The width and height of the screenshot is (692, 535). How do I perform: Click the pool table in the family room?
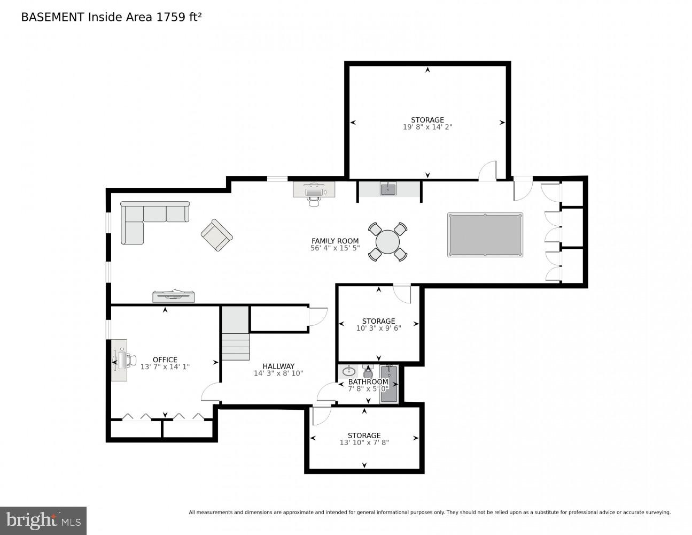click(x=485, y=235)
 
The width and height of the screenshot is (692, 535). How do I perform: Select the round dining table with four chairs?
click(x=387, y=242)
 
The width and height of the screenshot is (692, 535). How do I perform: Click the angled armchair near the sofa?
click(x=216, y=235)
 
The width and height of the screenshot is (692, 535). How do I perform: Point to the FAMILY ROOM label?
click(x=335, y=241)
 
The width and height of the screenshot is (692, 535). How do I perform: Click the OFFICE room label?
click(x=165, y=360)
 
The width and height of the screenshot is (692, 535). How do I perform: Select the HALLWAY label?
click(x=278, y=366)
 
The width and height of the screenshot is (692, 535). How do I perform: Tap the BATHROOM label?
click(x=368, y=382)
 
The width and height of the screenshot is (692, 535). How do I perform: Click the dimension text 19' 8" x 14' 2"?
click(x=427, y=127)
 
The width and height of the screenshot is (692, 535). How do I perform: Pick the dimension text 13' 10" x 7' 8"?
click(x=364, y=442)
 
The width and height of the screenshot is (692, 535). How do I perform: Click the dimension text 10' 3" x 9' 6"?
click(x=378, y=328)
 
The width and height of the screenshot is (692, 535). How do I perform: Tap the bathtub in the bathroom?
click(x=388, y=384)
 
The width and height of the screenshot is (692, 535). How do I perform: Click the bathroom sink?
click(x=349, y=371)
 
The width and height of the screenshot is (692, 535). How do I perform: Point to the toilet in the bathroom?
click(x=368, y=372)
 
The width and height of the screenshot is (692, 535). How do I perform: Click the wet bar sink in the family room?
click(x=388, y=189)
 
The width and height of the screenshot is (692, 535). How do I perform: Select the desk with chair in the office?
click(x=120, y=360)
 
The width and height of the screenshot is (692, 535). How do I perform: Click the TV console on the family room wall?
click(x=173, y=296)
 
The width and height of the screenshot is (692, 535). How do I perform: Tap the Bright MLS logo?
click(x=43, y=521)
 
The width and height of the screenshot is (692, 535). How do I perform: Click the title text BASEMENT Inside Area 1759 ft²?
click(x=111, y=17)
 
